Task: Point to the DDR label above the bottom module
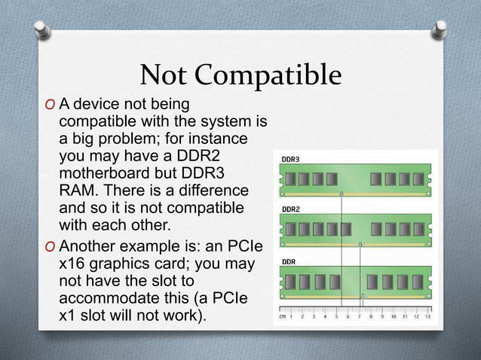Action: pos(289,261)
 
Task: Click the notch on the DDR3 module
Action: pos(342,194)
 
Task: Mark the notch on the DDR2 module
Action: pos(360,244)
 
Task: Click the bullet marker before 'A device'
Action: pos(51,103)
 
